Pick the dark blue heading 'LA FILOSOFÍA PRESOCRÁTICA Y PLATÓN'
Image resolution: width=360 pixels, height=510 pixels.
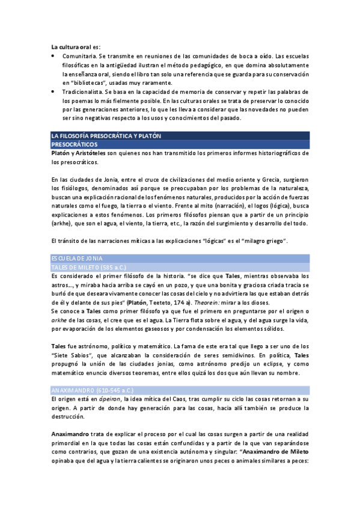tap(106, 137)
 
